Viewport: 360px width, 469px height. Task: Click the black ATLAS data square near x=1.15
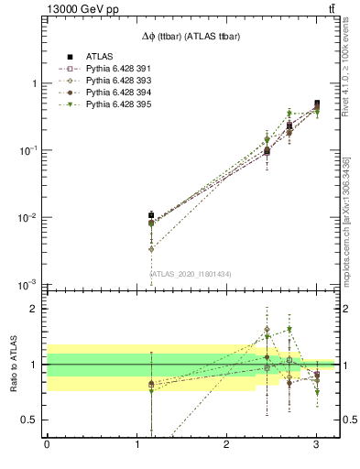[x=151, y=215]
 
